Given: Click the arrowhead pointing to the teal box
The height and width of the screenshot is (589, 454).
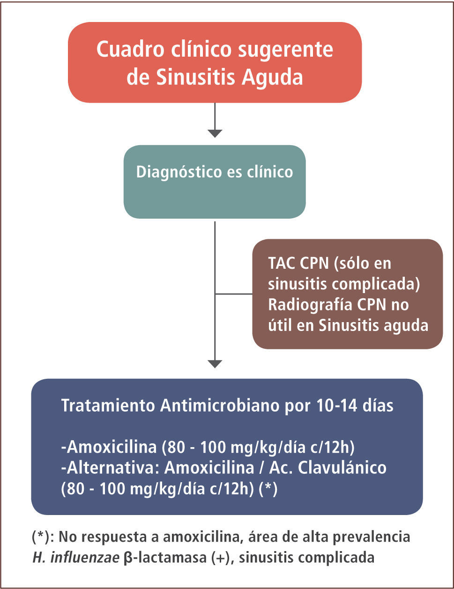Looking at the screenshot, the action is (215, 133).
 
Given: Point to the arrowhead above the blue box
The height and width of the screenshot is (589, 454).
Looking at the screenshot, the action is (215, 364).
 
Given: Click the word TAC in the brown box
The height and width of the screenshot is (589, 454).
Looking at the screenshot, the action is (282, 263).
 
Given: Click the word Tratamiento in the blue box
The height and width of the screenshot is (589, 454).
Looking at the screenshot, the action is (108, 406).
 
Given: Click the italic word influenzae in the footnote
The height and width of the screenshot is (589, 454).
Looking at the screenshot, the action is (85, 558).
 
